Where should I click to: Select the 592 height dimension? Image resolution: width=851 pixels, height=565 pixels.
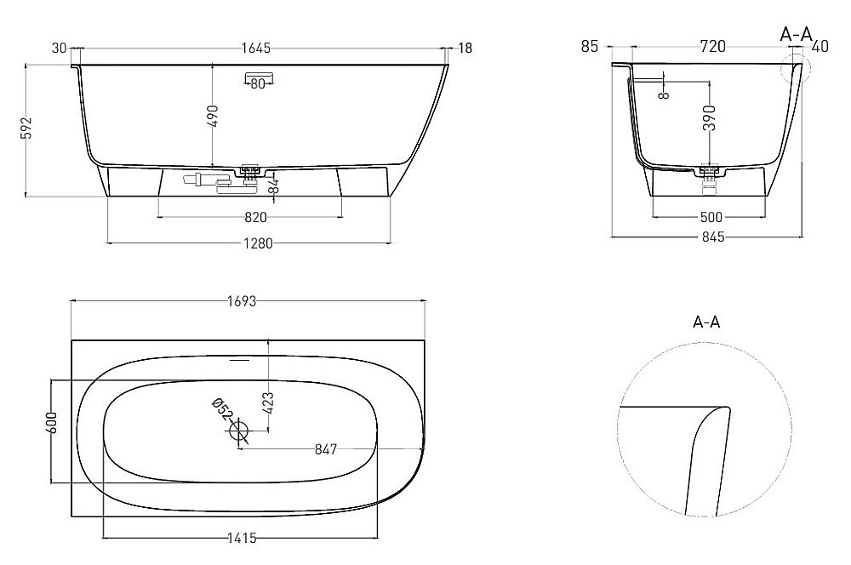point(28,128)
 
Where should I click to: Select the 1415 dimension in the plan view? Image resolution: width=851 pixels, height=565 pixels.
point(242,538)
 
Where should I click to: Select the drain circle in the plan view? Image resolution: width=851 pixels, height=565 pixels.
point(239,432)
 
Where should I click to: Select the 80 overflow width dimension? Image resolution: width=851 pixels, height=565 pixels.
point(258,83)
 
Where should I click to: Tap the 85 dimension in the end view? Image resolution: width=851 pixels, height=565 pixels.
point(591,48)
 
